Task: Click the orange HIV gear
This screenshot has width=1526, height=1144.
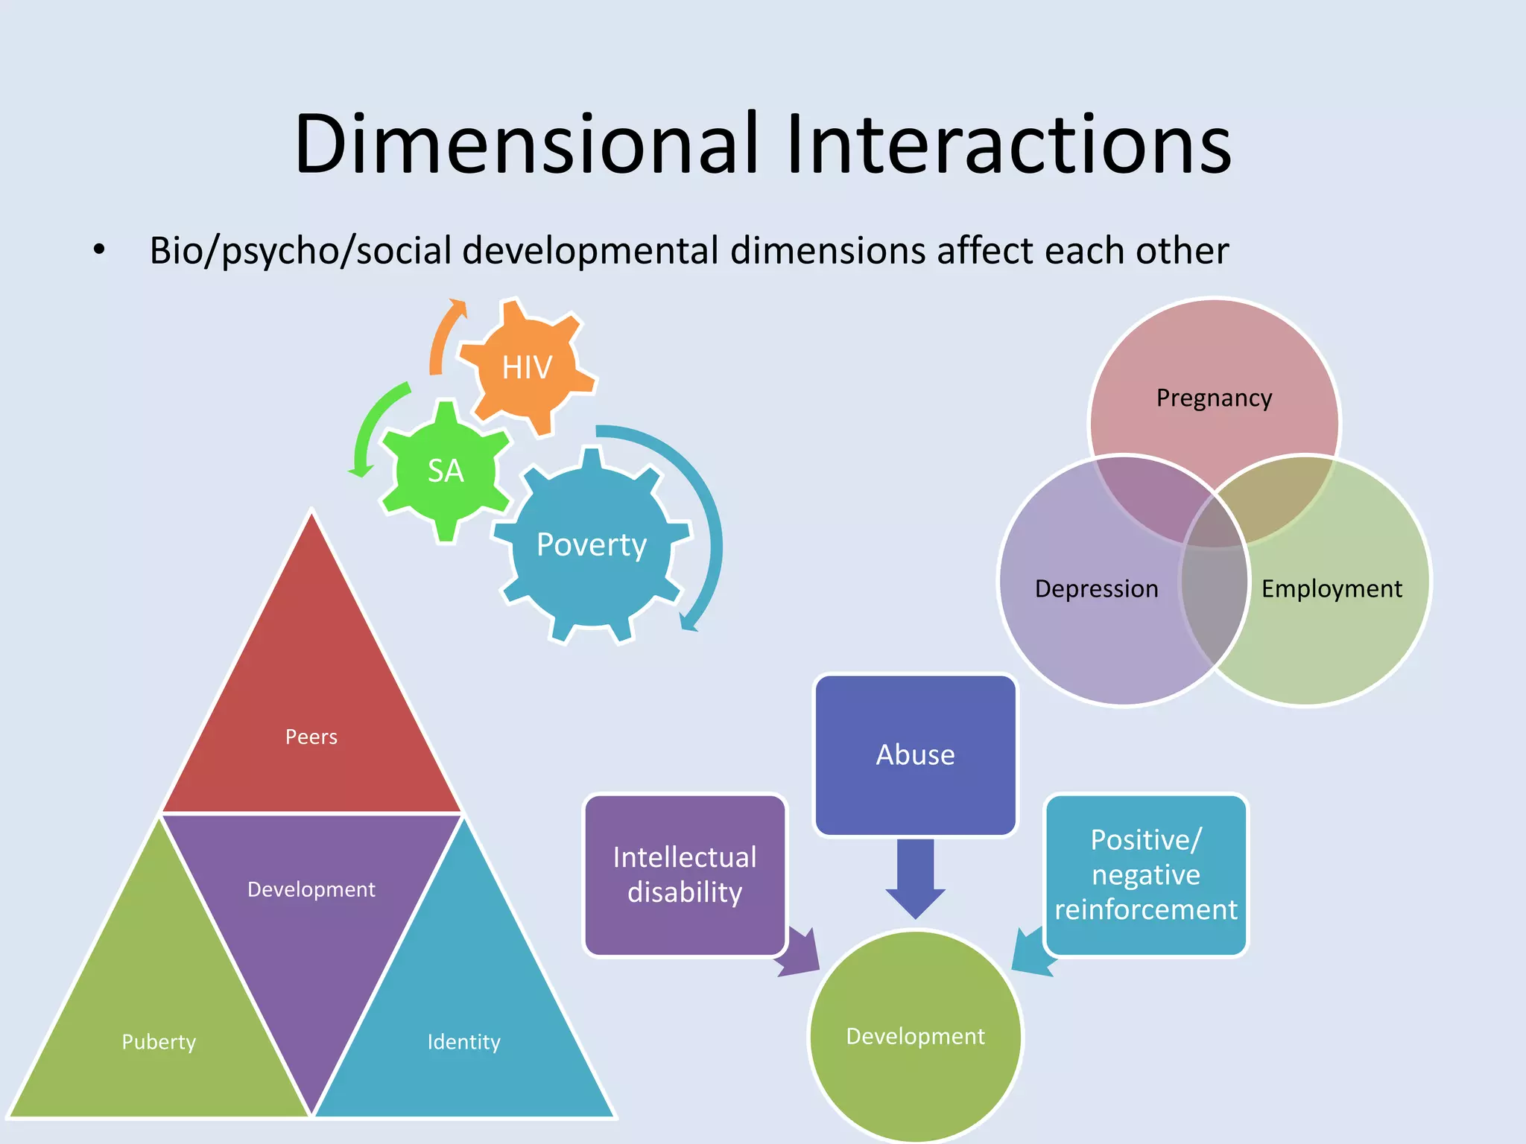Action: point(527,367)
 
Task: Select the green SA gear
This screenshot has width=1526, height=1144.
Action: point(446,471)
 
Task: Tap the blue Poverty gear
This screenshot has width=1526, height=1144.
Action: point(592,544)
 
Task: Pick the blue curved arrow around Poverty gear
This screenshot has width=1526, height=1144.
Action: point(705,521)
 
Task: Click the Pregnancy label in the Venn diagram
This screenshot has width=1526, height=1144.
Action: point(1214,398)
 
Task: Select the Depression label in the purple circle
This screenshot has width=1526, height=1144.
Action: point(1096,588)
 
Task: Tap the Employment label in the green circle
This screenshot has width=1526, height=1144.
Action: point(1332,588)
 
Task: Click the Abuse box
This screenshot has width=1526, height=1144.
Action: point(915,754)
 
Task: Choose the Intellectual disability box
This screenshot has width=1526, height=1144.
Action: point(684,874)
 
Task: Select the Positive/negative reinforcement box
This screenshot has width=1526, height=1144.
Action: point(1145,874)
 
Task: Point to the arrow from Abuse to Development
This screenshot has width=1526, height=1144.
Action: point(915,879)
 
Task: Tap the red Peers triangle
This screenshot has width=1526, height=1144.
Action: point(311,715)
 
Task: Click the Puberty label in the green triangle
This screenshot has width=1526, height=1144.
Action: point(159,1041)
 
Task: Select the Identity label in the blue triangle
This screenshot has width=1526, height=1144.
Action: point(463,1041)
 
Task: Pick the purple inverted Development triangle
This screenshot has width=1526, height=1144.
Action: point(311,916)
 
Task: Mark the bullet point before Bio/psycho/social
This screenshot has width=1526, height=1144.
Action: point(99,250)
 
